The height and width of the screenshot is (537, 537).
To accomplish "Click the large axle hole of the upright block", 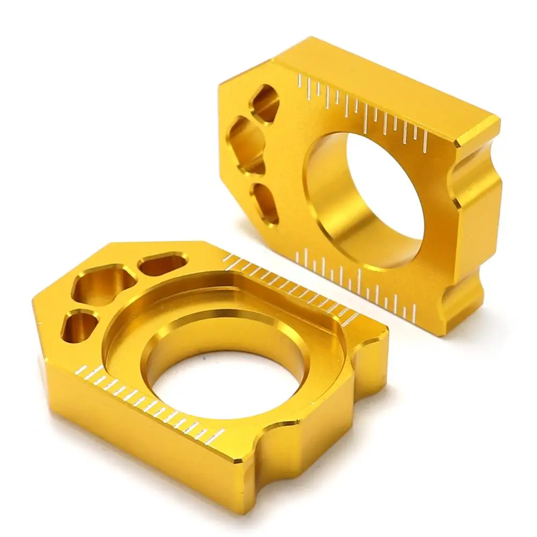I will point(371,199).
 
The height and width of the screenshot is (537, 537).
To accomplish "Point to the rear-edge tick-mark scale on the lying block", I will point(290,285).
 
